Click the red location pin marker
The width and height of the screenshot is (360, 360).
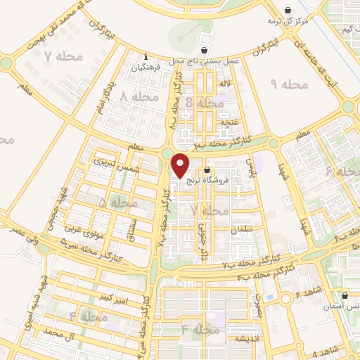click(x=181, y=166)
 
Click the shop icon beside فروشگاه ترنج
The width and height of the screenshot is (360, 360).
click(x=207, y=170)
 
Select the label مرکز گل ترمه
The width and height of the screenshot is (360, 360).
click(x=288, y=20)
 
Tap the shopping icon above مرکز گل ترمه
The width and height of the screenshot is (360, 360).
click(x=288, y=10)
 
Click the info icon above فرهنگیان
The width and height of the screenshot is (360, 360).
click(x=146, y=57)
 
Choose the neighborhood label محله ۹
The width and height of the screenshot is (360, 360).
click(x=289, y=84)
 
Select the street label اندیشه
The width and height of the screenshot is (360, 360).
click(x=238, y=338)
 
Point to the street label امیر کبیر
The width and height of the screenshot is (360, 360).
click(x=112, y=300)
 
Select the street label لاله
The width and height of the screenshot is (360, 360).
click(x=225, y=84)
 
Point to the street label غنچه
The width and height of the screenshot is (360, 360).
click(x=230, y=120)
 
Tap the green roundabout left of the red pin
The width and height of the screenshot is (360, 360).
click(x=167, y=153)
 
